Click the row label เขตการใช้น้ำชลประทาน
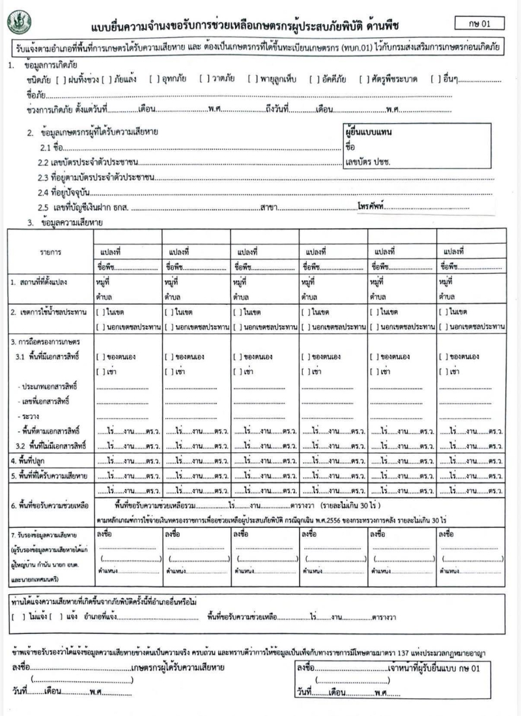[x=49, y=312]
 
